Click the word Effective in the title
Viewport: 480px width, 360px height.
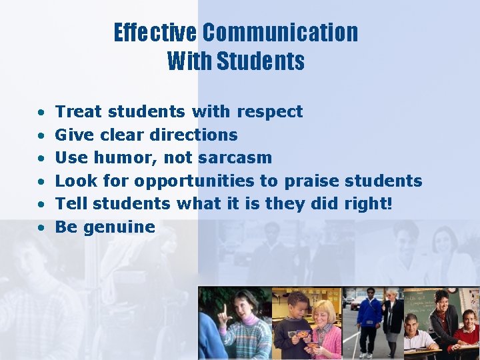coord(155,32)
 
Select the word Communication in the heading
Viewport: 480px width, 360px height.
coord(280,32)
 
